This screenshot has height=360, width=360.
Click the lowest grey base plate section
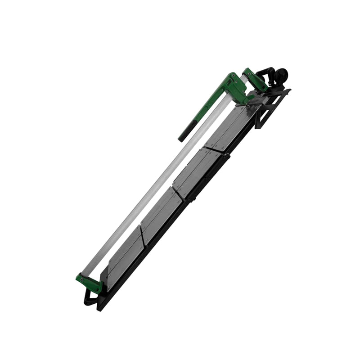tap(124, 256)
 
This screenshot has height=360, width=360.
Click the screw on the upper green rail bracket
tap(248, 72)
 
